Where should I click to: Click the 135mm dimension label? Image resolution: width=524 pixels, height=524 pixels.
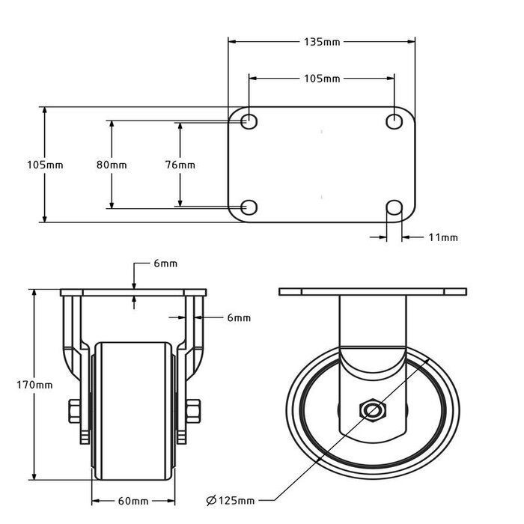click(321, 42)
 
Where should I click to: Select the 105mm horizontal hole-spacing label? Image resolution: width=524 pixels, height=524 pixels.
click(321, 78)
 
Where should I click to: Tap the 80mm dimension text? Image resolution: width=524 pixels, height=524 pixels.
click(112, 164)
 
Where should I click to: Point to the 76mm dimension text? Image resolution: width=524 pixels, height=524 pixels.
click(180, 164)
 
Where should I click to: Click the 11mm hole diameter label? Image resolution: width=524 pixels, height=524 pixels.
click(442, 237)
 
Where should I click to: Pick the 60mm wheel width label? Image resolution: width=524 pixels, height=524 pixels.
click(132, 501)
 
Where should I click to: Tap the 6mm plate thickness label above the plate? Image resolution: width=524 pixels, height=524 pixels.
click(164, 263)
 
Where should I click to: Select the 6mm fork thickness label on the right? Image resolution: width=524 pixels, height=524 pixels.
click(238, 318)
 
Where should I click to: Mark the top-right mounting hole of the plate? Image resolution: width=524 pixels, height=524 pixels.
click(394, 121)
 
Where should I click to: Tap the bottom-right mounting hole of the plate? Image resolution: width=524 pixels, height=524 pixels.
click(394, 207)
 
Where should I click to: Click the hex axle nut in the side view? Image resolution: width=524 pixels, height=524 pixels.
click(372, 410)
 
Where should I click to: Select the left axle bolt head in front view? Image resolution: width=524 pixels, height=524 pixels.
click(73, 411)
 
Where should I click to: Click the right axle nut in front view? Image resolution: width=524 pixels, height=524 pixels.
click(192, 411)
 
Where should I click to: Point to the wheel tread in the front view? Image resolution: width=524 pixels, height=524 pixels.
click(132, 408)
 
